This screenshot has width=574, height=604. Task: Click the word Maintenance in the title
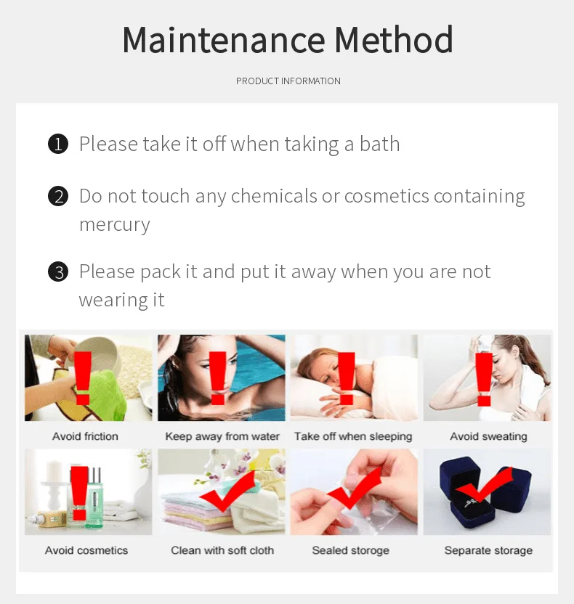[224, 40]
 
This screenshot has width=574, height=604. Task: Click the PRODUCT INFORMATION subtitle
[288, 81]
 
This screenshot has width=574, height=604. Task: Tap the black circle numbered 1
[58, 144]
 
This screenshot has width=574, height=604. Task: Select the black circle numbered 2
[58, 196]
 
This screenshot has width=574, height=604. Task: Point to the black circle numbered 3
[58, 272]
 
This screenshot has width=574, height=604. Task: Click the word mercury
[115, 225]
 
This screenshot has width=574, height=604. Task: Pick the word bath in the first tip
[380, 144]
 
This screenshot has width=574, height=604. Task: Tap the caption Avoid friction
[85, 436]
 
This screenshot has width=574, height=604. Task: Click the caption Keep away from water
[222, 436]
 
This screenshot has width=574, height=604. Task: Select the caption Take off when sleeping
[353, 437]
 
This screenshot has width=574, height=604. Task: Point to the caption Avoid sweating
[488, 437]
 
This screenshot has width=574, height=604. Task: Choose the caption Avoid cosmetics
[86, 550]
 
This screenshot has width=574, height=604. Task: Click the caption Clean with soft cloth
[222, 550]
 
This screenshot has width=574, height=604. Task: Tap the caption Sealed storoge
[350, 551]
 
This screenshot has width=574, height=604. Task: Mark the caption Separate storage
[488, 551]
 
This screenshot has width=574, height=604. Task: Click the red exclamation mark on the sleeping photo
[346, 378]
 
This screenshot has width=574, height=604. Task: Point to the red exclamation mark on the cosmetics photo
[79, 493]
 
